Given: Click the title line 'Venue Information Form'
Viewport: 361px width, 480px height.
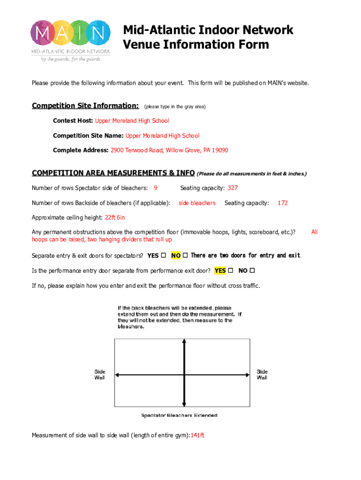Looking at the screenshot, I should pos(196,45).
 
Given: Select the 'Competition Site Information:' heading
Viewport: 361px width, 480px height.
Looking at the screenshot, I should pos(85,105).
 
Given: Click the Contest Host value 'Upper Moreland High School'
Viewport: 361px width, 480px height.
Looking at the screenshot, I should pos(132,121).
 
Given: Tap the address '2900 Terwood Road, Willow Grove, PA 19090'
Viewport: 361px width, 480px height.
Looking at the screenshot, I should pos(169,150).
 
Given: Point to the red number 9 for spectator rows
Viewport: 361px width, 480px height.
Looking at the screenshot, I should pos(156,188).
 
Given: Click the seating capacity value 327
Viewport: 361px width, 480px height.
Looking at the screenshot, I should pos(233,188).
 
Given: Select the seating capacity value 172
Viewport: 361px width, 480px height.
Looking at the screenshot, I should pos(283,203).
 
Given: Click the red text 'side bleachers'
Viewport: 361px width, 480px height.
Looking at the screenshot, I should pos(197,203).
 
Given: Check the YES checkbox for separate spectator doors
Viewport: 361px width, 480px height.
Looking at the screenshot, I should pos(164,256).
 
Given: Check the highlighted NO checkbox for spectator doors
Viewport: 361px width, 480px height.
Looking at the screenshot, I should pos(185,256).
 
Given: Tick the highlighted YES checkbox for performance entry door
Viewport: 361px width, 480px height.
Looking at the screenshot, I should pos(230,271).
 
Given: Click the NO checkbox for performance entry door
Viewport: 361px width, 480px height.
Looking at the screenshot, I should pos(252,271).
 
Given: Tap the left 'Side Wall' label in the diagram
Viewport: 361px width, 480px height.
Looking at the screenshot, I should pos(100,375).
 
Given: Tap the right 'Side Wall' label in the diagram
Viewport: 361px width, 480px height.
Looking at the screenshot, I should pos(262,375).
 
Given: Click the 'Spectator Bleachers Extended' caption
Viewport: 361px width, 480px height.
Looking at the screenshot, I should pos(180,415).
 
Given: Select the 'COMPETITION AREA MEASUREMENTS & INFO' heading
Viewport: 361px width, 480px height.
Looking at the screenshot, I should pos(113,173).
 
